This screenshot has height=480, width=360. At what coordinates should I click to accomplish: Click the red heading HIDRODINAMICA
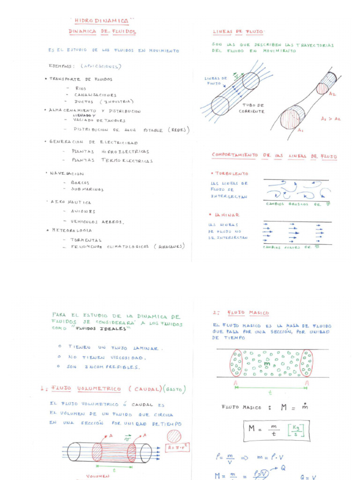(x=102, y=21)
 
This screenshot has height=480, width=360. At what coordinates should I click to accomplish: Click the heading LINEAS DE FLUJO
(x=238, y=32)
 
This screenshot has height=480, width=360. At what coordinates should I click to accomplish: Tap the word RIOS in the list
(x=81, y=88)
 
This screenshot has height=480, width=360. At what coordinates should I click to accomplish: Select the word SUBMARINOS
(x=87, y=189)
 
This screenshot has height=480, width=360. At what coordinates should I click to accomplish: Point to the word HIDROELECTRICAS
(x=125, y=151)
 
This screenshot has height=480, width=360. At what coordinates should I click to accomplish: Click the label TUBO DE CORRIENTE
(x=251, y=108)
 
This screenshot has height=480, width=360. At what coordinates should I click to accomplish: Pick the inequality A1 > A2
(x=331, y=119)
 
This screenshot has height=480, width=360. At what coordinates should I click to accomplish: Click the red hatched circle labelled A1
(x=292, y=117)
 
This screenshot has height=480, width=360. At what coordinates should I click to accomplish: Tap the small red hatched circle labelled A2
(x=322, y=88)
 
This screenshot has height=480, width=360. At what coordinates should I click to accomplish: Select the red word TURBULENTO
(x=232, y=173)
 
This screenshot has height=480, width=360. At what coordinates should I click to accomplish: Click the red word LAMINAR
(x=227, y=215)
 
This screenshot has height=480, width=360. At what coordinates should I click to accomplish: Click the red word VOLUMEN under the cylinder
(x=98, y=476)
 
